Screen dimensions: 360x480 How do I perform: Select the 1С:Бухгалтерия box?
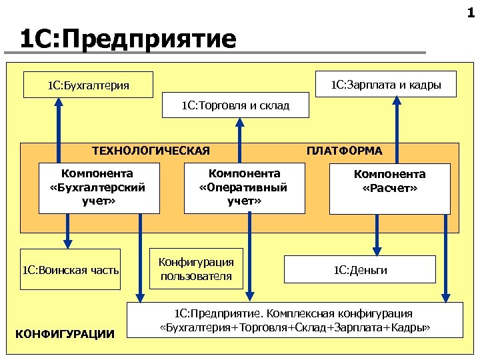click(x=88, y=85)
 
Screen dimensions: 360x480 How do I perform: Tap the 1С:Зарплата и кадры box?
click(x=385, y=84)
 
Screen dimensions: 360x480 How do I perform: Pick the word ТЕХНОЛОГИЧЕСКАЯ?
click(x=151, y=151)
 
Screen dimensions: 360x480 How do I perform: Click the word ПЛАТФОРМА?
click(x=344, y=151)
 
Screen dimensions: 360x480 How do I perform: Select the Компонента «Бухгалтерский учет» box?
click(x=99, y=187)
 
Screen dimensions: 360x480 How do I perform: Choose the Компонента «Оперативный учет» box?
click(x=243, y=187)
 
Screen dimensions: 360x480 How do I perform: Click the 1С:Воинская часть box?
click(x=71, y=270)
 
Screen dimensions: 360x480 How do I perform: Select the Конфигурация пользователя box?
click(x=197, y=269)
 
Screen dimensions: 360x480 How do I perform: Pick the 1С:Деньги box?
click(x=360, y=269)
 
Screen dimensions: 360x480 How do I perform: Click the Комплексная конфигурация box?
click(x=295, y=321)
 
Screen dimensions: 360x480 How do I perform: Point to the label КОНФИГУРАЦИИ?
click(x=64, y=333)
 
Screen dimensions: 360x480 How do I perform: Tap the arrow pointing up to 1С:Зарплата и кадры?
click(x=397, y=130)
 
